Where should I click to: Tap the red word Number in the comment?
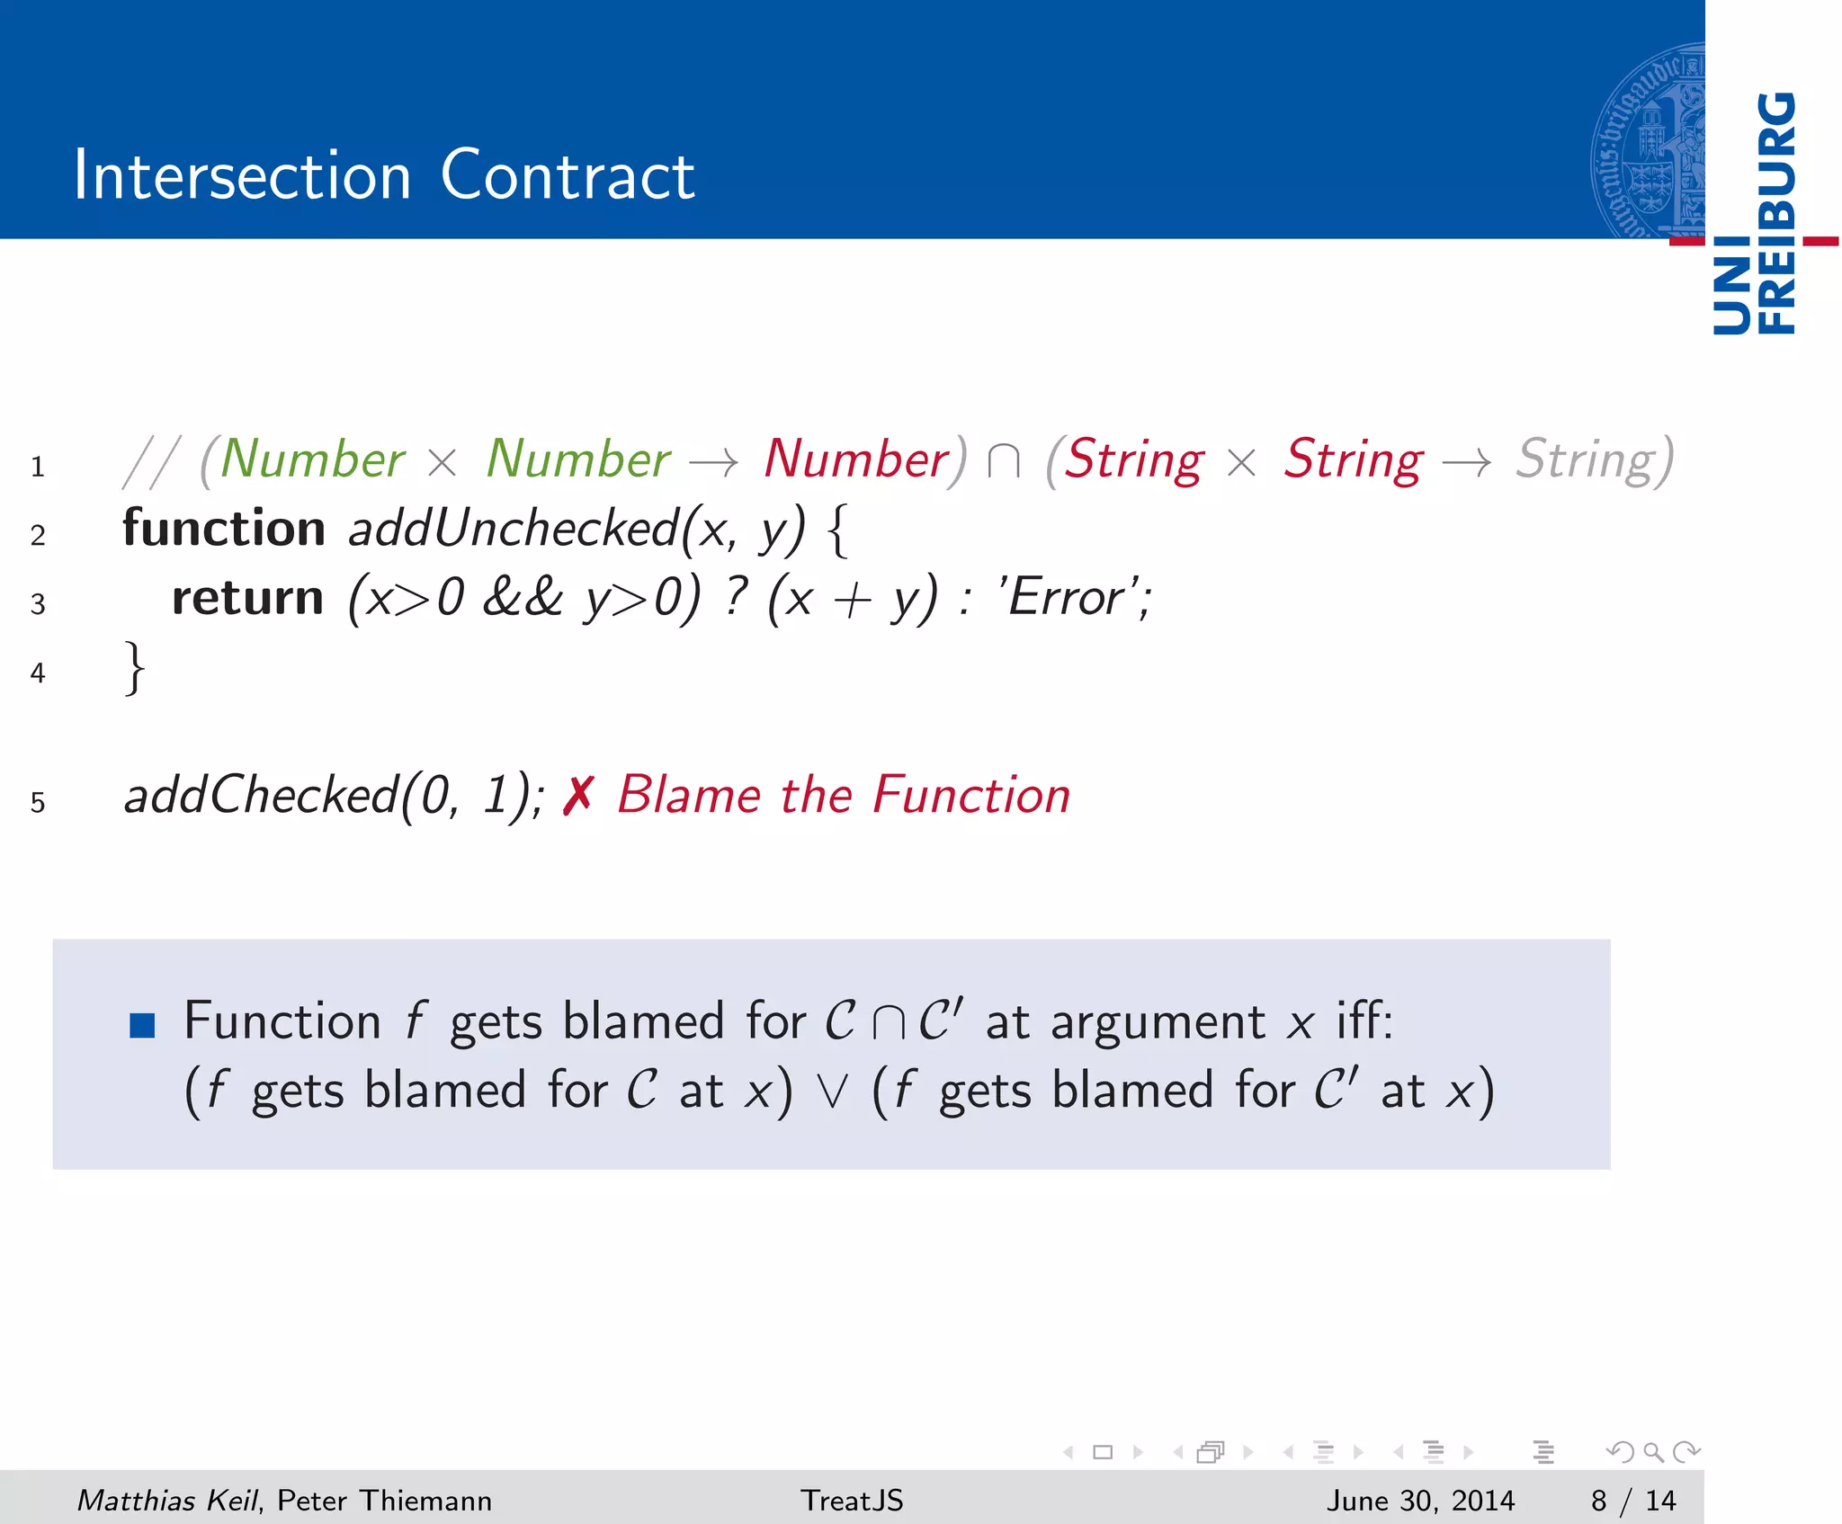(855, 459)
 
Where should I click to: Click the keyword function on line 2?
(224, 528)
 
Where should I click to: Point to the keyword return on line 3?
(247, 597)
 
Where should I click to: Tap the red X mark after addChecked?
(578, 796)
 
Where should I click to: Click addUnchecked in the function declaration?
(513, 528)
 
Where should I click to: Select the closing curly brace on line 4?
(134, 668)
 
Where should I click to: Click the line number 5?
(38, 802)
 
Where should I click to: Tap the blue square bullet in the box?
(142, 1025)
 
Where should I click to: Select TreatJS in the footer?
(852, 1501)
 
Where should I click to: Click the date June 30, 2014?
(1420, 1501)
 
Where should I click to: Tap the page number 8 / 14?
(1632, 1501)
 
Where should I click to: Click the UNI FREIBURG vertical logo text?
(1755, 214)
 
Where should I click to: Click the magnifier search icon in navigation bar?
(1653, 1452)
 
